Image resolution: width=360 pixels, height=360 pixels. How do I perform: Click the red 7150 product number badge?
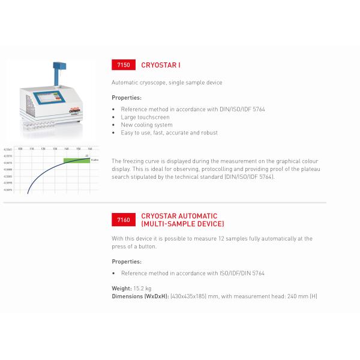[123, 65]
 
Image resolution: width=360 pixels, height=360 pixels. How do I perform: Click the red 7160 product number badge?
[123, 220]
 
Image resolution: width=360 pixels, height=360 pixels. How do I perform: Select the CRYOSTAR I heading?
[160, 65]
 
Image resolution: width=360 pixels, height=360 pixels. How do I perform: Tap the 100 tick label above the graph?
[20, 148]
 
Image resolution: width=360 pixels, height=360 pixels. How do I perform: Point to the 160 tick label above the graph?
[90, 148]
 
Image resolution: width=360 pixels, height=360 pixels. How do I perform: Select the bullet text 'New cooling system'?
[142, 125]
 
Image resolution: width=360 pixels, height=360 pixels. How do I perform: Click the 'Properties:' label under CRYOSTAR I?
[127, 97]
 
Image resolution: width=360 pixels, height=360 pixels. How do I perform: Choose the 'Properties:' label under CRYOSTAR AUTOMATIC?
[127, 262]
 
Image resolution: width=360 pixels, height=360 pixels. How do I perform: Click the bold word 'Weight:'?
[122, 289]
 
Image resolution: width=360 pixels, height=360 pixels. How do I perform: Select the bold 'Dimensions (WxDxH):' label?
[140, 296]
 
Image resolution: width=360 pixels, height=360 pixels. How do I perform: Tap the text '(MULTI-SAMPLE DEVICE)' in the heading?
[182, 224]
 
